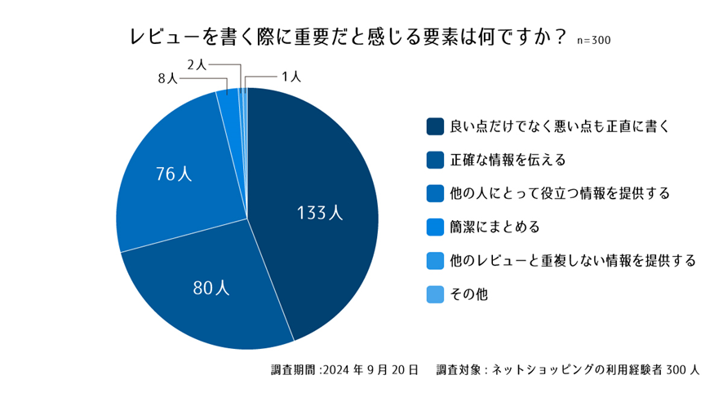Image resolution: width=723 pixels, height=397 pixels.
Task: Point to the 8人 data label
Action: pos(167,78)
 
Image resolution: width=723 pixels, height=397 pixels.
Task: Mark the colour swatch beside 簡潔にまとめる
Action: pos(435,227)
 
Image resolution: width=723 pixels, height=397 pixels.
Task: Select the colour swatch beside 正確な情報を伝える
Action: pos(435,159)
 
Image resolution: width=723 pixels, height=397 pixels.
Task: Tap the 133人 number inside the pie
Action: pos(320,214)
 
